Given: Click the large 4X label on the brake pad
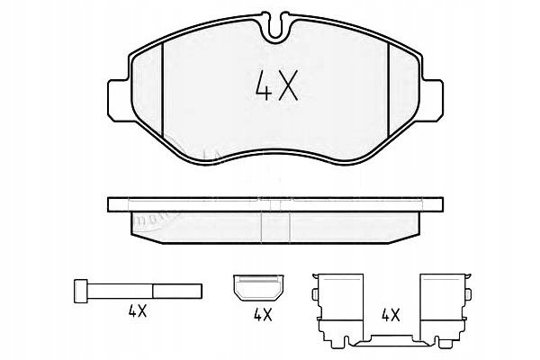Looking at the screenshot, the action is pos(276,85).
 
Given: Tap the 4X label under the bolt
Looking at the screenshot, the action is pos(138,311).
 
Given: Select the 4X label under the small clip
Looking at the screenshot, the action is pos(263,314).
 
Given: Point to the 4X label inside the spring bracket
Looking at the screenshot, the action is pos(391,314).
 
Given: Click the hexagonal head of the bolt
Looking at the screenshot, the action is pos(81,291).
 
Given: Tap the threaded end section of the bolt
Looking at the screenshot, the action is pos(177,291).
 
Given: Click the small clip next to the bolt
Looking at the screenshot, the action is pos(258,287).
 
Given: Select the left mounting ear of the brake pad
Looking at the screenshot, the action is pos(120,101).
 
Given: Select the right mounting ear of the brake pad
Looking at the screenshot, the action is pos(431,101).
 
